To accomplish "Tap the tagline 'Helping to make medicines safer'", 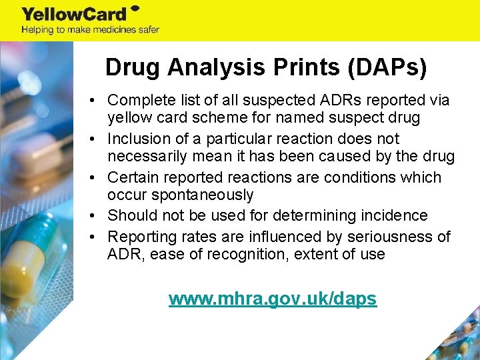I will pyautogui.click(x=91, y=30).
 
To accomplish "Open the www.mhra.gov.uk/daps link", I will pyautogui.click(x=273, y=299).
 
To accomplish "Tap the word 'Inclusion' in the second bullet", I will pyautogui.click(x=136, y=139).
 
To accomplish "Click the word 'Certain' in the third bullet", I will pyautogui.click(x=131, y=177).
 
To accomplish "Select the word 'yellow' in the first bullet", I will pyautogui.click(x=127, y=118).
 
